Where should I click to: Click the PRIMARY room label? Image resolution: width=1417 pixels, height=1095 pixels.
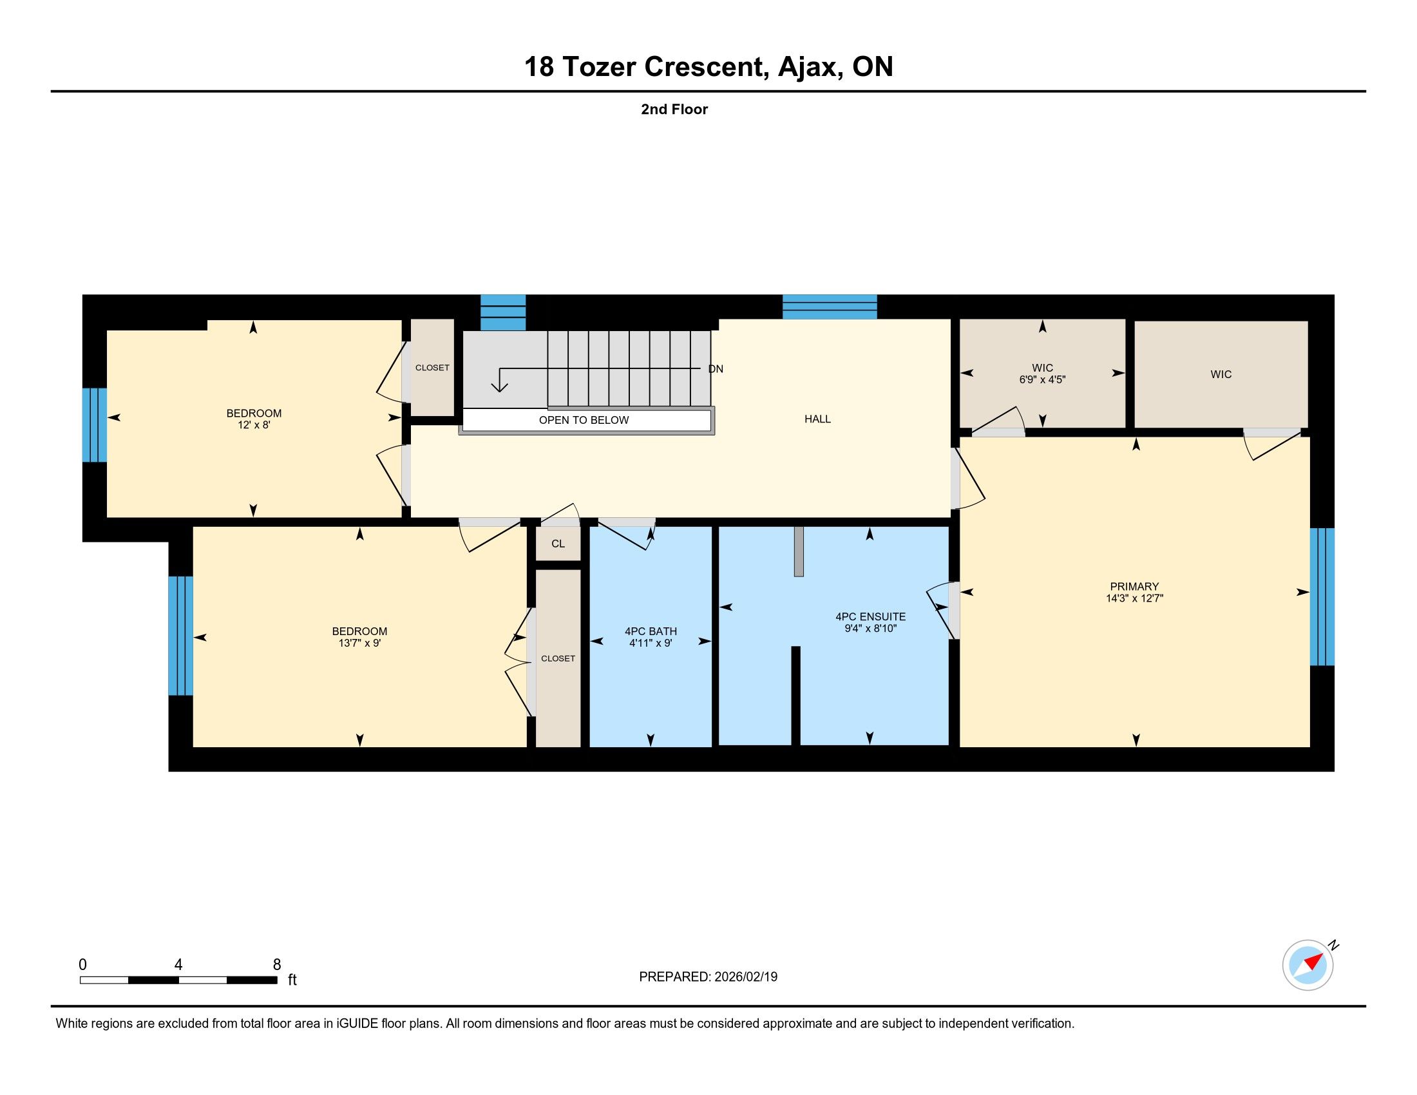1134,586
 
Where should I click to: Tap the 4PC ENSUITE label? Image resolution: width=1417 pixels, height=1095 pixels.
870,616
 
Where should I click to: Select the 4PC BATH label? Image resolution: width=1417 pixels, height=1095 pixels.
651,631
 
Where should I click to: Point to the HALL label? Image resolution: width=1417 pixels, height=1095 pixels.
817,419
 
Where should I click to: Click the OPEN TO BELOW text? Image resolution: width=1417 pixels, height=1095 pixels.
584,420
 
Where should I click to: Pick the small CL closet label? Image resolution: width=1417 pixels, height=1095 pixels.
558,544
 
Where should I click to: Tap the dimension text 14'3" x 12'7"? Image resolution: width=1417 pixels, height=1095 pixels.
1134,598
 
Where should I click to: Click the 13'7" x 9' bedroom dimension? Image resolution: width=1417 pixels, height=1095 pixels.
359,643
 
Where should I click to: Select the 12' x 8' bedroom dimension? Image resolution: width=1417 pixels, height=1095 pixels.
254,425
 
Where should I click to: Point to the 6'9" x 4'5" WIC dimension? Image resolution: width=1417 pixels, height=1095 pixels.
1042,379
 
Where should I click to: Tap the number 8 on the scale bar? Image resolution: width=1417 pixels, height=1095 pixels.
277,965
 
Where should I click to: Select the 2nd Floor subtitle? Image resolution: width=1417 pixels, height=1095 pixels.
674,109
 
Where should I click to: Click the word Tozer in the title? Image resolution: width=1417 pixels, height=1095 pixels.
599,67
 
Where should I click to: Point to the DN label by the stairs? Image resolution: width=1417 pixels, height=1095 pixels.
716,369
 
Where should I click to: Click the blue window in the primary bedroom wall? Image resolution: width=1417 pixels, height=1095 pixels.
1322,597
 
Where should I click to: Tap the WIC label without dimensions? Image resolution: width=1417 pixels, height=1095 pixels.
1221,374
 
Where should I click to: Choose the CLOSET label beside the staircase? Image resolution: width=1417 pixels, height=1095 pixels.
432,368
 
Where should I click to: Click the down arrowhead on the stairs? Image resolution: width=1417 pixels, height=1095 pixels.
499,387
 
